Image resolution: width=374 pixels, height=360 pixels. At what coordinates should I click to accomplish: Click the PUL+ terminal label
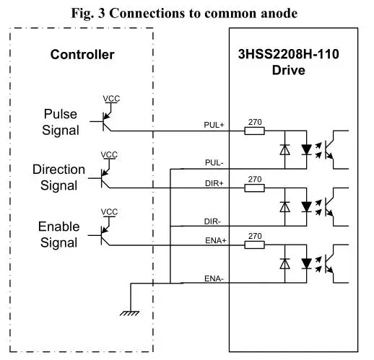(214, 125)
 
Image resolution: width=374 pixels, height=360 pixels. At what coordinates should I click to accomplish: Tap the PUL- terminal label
(214, 162)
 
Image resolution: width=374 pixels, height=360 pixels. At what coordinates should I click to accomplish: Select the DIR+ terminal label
(214, 183)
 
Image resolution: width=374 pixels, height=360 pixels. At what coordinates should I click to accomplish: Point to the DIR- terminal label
(212, 221)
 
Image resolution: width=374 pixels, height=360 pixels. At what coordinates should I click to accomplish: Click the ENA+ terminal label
(216, 240)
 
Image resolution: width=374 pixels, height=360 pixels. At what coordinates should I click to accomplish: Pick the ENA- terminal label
(214, 278)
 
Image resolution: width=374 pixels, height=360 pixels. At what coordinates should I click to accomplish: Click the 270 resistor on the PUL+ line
(254, 131)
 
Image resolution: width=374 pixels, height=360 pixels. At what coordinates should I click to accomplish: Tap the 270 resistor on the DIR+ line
(254, 188)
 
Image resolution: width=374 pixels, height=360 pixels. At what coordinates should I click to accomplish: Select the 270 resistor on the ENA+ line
(254, 245)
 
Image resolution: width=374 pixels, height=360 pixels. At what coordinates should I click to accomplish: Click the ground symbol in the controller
(129, 313)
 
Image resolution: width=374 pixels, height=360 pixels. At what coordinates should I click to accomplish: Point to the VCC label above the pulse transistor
(111, 99)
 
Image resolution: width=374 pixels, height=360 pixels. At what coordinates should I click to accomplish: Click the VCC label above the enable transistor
(109, 212)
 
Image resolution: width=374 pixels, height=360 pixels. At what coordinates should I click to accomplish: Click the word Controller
(82, 55)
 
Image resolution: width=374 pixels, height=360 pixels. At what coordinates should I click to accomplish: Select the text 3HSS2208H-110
(289, 54)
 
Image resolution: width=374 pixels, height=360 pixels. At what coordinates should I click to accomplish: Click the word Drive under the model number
(289, 70)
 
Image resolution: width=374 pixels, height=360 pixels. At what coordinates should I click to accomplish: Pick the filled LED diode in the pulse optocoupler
(306, 149)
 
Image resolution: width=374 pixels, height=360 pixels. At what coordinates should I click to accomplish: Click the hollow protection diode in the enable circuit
(284, 264)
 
